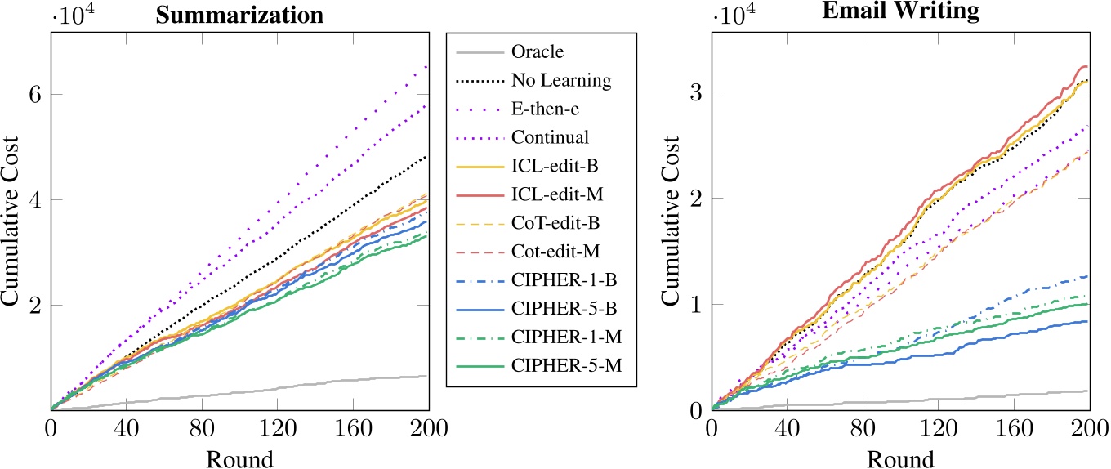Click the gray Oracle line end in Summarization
pyautogui.click(x=427, y=376)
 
